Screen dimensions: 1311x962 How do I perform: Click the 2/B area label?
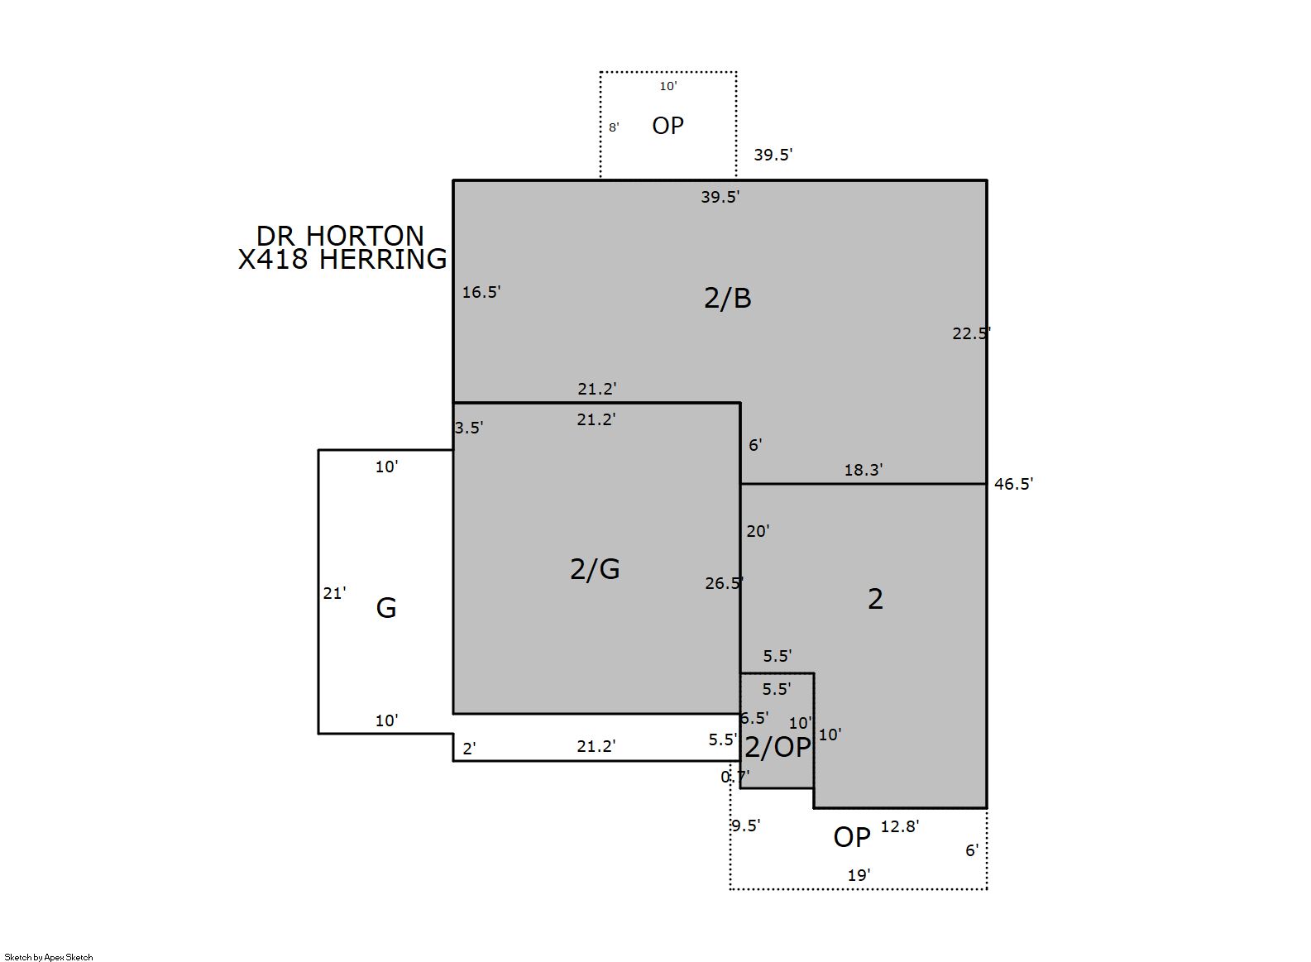pyautogui.click(x=728, y=298)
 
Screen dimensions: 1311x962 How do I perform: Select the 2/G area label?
pyautogui.click(x=595, y=569)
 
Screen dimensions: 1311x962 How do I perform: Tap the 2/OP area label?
pyautogui.click(x=778, y=747)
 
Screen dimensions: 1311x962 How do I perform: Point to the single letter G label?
pyautogui.click(x=386, y=608)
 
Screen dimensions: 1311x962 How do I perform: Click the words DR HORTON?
pyautogui.click(x=340, y=236)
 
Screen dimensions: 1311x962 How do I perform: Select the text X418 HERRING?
pyautogui.click(x=342, y=259)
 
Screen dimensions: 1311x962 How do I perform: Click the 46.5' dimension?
pyautogui.click(x=1014, y=484)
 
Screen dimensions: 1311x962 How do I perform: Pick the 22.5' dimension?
pyautogui.click(x=972, y=333)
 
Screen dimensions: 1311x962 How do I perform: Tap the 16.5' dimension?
pyautogui.click(x=481, y=292)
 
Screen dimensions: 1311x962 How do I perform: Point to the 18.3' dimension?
pyautogui.click(x=864, y=470)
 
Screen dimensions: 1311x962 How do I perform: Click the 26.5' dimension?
pyautogui.click(x=724, y=583)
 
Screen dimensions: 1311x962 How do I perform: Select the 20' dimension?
pyautogui.click(x=758, y=531)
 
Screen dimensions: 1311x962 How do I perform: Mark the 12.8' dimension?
pyautogui.click(x=900, y=826)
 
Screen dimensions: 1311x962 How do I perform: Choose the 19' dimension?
pyautogui.click(x=859, y=875)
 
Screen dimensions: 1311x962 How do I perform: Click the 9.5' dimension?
pyautogui.click(x=745, y=826)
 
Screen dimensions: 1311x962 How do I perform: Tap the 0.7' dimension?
pyautogui.click(x=735, y=777)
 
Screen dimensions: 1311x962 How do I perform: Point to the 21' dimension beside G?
pyautogui.click(x=335, y=593)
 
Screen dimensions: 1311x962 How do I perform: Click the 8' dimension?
pyautogui.click(x=614, y=127)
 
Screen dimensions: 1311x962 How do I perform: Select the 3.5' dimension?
pyautogui.click(x=469, y=428)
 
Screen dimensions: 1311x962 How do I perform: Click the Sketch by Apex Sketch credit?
pyautogui.click(x=49, y=957)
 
